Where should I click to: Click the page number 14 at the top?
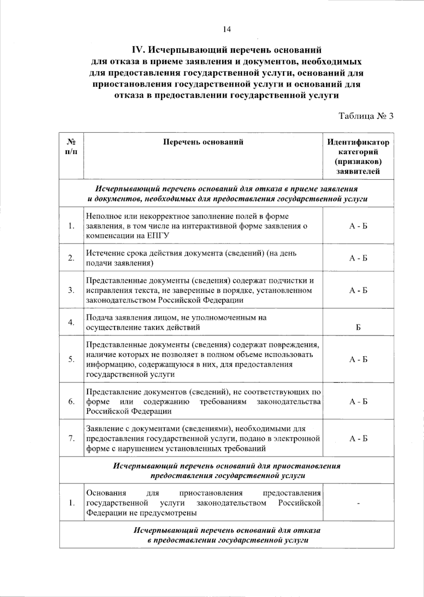[227, 29]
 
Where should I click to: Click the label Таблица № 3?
[366, 116]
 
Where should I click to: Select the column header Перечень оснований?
[203, 142]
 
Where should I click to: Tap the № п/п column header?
[72, 147]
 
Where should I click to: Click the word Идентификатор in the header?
[358, 142]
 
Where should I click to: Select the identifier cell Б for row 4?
[358, 327]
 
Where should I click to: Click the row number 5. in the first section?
[72, 359]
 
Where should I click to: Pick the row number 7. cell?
[72, 438]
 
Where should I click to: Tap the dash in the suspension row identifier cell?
[358, 503]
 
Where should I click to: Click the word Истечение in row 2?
[102, 253]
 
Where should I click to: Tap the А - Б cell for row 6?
[358, 402]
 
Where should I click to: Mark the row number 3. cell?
[72, 290]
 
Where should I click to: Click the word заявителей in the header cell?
[358, 172]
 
